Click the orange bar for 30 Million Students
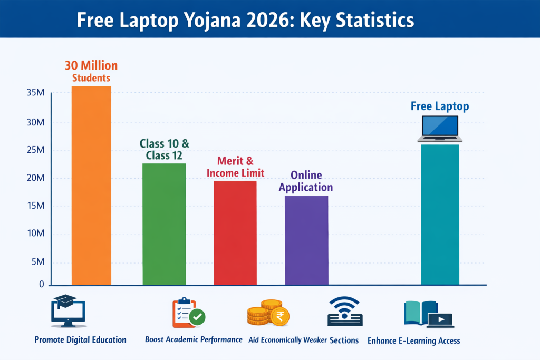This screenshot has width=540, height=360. coord(91,184)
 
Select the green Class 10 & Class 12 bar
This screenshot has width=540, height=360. coord(164,224)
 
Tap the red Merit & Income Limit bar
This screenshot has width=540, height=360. coord(235,232)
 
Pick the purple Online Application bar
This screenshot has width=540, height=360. coord(306,240)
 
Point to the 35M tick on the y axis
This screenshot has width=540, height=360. coord(36,93)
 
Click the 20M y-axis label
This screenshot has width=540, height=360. coord(36,178)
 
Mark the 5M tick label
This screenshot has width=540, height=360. coord(38,262)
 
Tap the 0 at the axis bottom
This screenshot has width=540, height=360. coord(42,285)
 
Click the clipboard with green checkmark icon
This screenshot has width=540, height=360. coord(188,313)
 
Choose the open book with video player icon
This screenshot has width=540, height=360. coord(428,313)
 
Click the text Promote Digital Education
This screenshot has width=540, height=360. coord(80,340)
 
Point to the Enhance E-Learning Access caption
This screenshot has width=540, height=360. coord(413,340)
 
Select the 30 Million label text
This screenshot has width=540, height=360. coord(91,66)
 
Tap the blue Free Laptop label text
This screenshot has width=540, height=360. coord(440,106)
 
